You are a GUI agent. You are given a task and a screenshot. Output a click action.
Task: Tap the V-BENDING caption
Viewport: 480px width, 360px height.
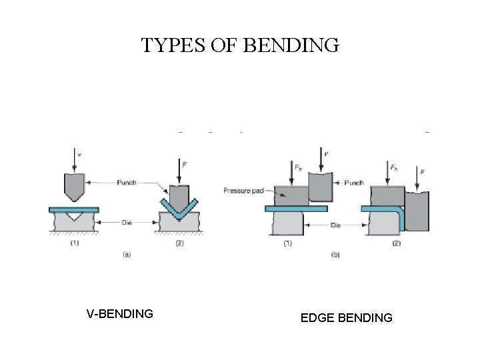pos(120,313)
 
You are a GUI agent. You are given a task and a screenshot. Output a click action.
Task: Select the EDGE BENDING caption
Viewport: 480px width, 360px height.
pos(346,318)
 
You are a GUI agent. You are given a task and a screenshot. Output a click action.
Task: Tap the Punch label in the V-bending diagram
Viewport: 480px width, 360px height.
pos(127,182)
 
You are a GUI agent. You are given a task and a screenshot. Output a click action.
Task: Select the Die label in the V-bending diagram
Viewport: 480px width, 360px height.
pos(127,223)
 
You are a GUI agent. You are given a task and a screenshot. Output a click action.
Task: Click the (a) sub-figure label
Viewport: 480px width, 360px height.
pos(126,254)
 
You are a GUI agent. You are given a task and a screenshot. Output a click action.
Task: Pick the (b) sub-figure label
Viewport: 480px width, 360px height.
pos(335,254)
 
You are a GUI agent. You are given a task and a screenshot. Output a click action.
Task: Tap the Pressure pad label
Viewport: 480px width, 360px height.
pos(243,191)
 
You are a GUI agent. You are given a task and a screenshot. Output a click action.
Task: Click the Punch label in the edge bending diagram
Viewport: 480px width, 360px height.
pos(354,182)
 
